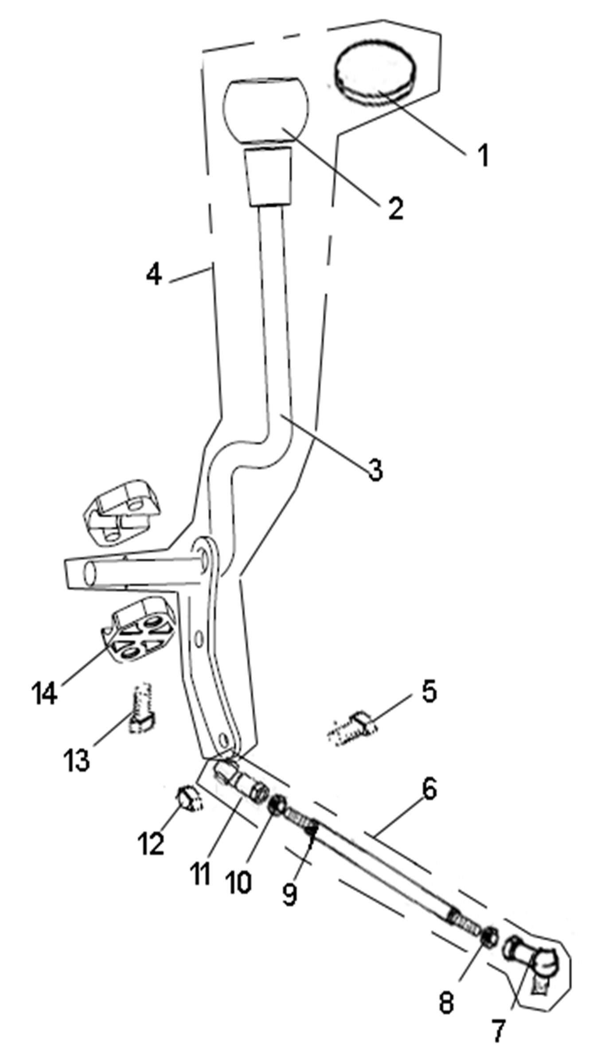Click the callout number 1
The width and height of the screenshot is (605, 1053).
click(x=483, y=155)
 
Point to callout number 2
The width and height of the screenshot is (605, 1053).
click(x=395, y=208)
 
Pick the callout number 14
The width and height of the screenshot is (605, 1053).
click(x=44, y=693)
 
